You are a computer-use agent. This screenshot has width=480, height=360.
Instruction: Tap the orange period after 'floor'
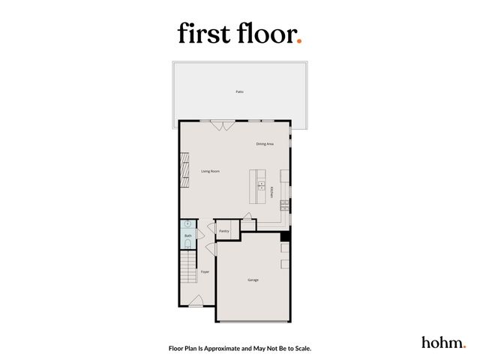299,41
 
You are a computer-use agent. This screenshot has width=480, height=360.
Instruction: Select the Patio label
239,91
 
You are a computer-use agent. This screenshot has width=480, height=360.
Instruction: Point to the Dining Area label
264,143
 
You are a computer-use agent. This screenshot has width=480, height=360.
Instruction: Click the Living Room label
210,171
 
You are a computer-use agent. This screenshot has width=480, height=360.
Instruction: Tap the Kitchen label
271,193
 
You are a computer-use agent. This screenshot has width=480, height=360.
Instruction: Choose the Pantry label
223,231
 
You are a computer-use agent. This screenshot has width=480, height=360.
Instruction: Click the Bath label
188,236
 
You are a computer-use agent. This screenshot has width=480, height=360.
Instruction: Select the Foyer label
204,271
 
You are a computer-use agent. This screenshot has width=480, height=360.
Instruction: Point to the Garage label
253,280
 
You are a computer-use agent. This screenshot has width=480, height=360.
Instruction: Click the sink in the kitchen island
261,183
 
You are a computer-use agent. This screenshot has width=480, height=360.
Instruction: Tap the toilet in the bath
187,244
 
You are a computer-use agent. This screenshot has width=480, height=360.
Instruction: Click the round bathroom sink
187,224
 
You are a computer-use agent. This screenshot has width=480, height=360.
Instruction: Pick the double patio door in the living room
223,125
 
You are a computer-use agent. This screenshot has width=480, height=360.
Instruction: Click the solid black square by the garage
285,237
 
